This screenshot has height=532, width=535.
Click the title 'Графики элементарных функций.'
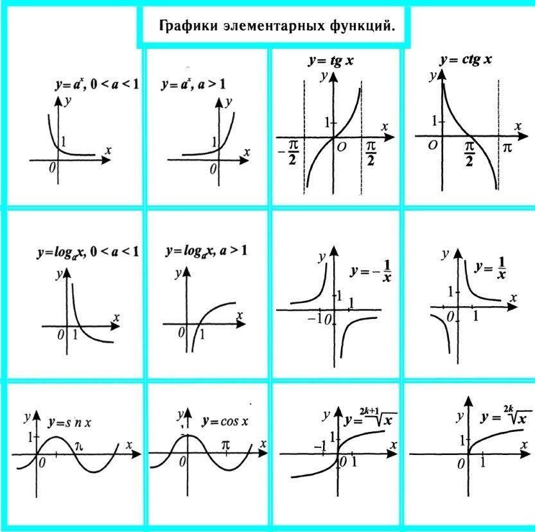pos(276,27)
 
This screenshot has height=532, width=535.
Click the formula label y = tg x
pos(331,61)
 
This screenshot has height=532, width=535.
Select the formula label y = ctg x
pos(466,60)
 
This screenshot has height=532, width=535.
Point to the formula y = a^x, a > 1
pos(193,84)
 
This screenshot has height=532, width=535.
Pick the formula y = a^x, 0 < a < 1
pos(97,84)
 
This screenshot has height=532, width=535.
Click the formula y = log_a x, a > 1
pos(206,251)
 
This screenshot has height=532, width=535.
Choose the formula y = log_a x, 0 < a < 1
pos(87,252)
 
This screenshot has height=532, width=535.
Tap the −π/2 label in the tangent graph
pos(288,155)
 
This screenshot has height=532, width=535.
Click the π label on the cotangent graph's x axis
pos(507,148)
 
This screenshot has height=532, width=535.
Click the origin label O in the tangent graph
pos(342,147)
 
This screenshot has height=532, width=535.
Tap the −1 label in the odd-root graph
pos(320,447)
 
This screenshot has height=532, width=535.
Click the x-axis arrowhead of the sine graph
pos(136,454)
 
